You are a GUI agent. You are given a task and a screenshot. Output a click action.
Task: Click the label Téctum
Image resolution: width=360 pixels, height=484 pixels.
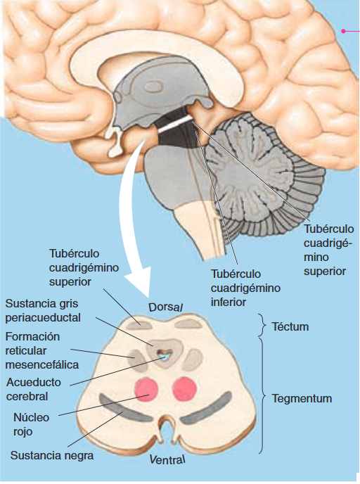pyautogui.click(x=290, y=326)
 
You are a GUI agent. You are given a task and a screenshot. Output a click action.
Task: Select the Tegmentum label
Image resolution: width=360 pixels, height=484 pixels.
pyautogui.click(x=302, y=398)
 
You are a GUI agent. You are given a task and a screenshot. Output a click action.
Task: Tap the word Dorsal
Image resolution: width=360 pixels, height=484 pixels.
pyautogui.click(x=166, y=307)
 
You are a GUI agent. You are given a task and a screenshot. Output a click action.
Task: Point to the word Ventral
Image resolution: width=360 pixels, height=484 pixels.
pyautogui.click(x=167, y=459)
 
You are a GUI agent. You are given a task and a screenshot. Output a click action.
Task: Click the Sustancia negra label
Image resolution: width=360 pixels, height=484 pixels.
pyautogui.click(x=52, y=455)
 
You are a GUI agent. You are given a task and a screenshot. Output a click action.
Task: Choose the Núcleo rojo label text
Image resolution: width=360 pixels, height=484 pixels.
pyautogui.click(x=31, y=424)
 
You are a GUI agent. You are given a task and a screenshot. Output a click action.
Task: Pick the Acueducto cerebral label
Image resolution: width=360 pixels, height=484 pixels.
pyautogui.click(x=34, y=389)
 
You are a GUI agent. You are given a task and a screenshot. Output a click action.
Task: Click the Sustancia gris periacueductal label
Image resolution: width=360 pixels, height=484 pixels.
pyautogui.click(x=43, y=310)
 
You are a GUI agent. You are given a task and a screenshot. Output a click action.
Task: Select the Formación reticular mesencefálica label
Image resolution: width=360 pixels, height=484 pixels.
pyautogui.click(x=42, y=350)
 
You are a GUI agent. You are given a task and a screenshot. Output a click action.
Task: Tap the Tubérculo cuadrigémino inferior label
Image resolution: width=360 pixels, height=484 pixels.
pyautogui.click(x=245, y=288)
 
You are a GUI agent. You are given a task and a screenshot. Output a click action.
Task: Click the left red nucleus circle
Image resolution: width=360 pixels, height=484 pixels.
pyautogui.click(x=146, y=389)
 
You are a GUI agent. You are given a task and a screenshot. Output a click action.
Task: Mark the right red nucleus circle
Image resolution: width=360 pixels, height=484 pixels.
pyautogui.click(x=184, y=389)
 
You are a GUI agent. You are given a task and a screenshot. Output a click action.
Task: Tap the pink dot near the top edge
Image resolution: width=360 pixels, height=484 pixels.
pyautogui.click(x=343, y=31)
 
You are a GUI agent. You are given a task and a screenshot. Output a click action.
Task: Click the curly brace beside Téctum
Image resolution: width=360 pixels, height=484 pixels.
pyautogui.click(x=262, y=325)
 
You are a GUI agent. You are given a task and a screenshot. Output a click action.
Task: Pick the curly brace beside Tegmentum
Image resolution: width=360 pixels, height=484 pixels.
pyautogui.click(x=262, y=396)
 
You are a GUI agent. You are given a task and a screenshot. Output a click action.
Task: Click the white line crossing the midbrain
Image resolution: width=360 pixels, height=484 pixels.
pyautogui.click(x=175, y=125)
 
